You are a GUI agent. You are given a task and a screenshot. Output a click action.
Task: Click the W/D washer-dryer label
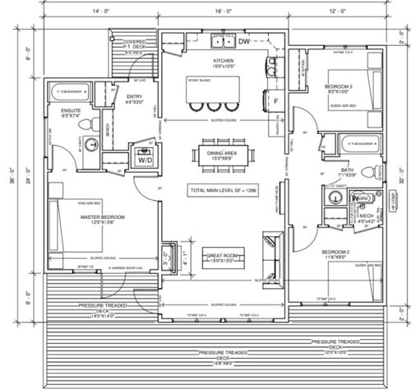[x=145, y=161]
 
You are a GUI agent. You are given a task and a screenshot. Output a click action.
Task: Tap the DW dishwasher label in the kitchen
[x=245, y=40]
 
